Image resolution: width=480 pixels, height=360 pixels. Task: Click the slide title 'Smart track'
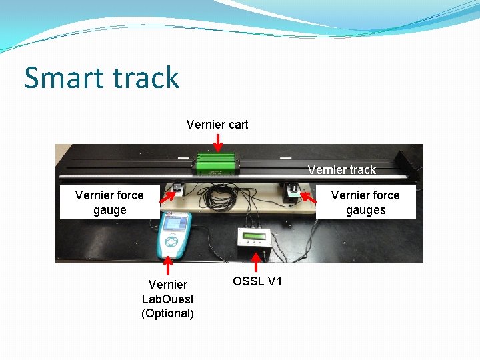pos(102,77)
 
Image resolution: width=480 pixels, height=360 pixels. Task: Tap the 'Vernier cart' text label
pos(217,125)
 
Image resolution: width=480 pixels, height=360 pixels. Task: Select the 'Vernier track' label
pos(342,170)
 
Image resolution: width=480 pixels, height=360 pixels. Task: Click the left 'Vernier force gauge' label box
pos(109,203)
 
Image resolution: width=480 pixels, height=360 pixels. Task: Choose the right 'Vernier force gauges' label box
pos(365,203)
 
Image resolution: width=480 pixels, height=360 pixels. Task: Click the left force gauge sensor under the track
pos(178,189)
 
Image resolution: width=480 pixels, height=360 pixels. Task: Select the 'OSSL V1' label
pos(257,281)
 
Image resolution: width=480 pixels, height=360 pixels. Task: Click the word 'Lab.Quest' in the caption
pos(167,299)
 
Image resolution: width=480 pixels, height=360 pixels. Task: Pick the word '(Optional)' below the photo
pos(167,313)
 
